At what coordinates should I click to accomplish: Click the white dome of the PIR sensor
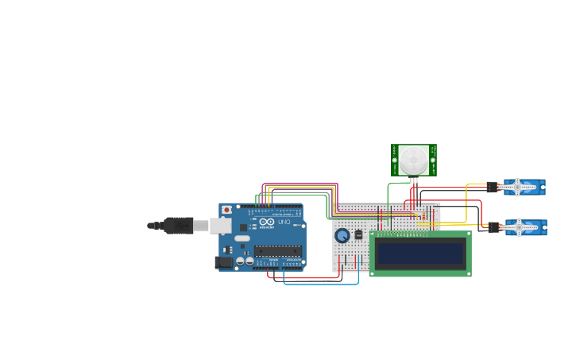coord(412,159)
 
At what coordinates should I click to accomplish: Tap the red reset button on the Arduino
coord(226,210)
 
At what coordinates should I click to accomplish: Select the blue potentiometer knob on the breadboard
coord(342,235)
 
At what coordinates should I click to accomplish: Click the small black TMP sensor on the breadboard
coord(358,234)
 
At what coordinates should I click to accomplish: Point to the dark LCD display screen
coord(419,254)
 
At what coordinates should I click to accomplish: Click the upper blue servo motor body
coord(524,188)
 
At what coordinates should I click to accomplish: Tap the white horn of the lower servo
coord(516,228)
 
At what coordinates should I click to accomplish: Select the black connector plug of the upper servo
coord(493,188)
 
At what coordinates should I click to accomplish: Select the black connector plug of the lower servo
coord(494,228)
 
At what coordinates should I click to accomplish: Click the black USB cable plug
coord(179,226)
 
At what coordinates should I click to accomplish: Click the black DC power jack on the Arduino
coord(224,261)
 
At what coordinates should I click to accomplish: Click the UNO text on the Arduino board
coord(284,222)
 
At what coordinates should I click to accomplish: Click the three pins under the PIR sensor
coord(413,180)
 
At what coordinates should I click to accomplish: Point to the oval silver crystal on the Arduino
coord(242,237)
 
